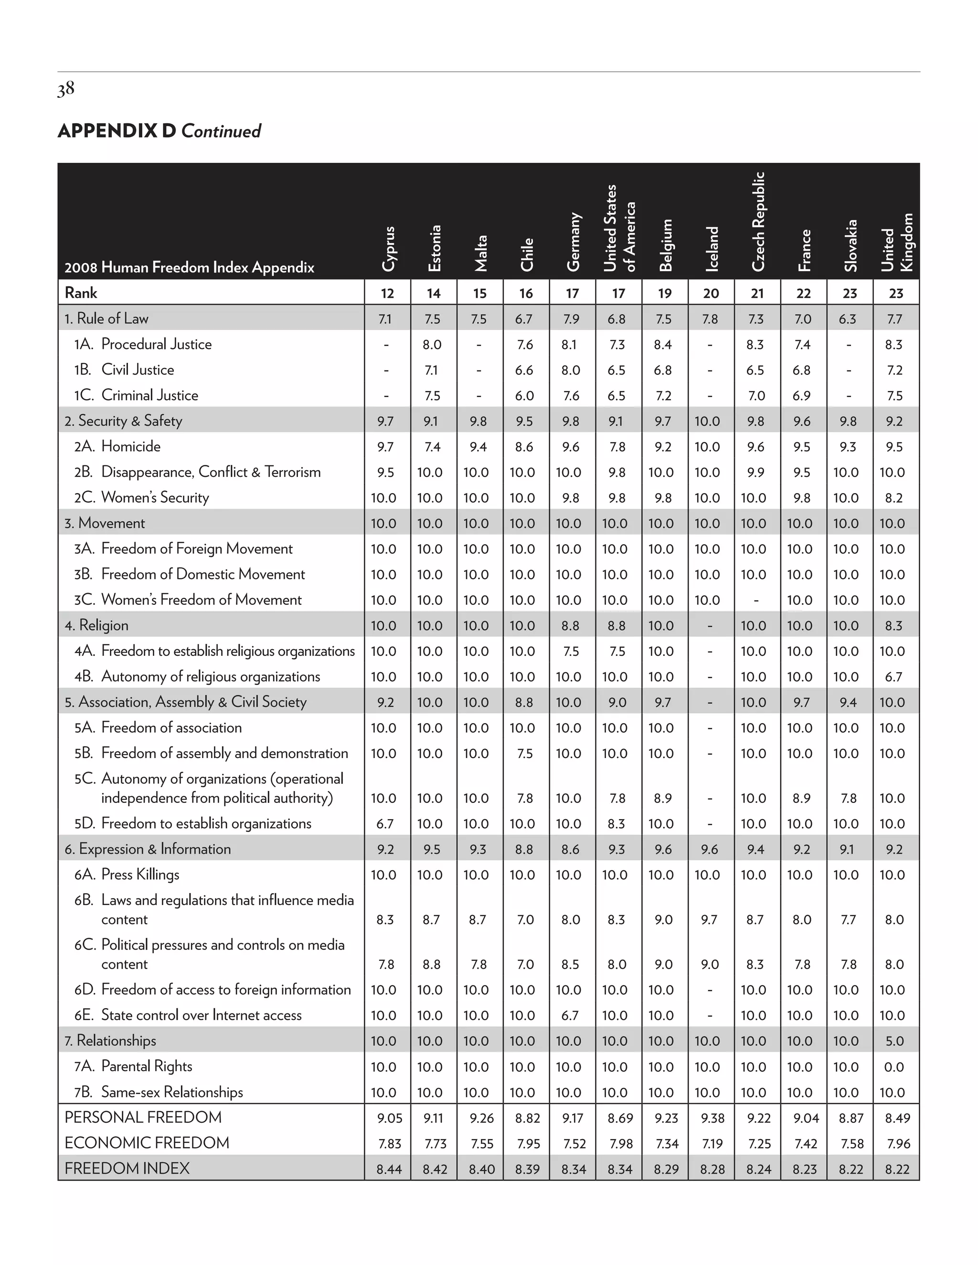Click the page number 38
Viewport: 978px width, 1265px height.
tap(66, 89)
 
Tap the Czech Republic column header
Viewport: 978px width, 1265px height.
tap(758, 221)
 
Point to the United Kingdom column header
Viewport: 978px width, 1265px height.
tap(896, 242)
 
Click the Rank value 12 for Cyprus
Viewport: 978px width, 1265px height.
tap(387, 293)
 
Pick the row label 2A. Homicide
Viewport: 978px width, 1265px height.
tap(117, 447)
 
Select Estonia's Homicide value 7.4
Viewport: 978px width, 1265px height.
tap(432, 447)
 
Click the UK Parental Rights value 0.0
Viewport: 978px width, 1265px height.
tap(894, 1067)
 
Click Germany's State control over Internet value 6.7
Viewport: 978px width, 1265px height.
tap(570, 1015)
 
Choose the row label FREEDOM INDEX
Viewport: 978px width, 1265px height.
tap(127, 1168)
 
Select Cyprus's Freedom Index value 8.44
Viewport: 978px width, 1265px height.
tap(389, 1170)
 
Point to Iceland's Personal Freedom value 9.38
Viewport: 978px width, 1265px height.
tap(712, 1118)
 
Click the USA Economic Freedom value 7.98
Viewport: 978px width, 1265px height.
tap(619, 1144)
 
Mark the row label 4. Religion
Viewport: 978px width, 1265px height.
tap(96, 625)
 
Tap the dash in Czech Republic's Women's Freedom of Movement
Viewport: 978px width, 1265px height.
tap(755, 601)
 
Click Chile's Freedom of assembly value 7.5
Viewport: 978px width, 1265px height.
tap(524, 754)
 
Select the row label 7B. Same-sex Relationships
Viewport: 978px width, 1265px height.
tap(158, 1092)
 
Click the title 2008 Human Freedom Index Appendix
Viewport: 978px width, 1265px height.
tap(189, 268)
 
